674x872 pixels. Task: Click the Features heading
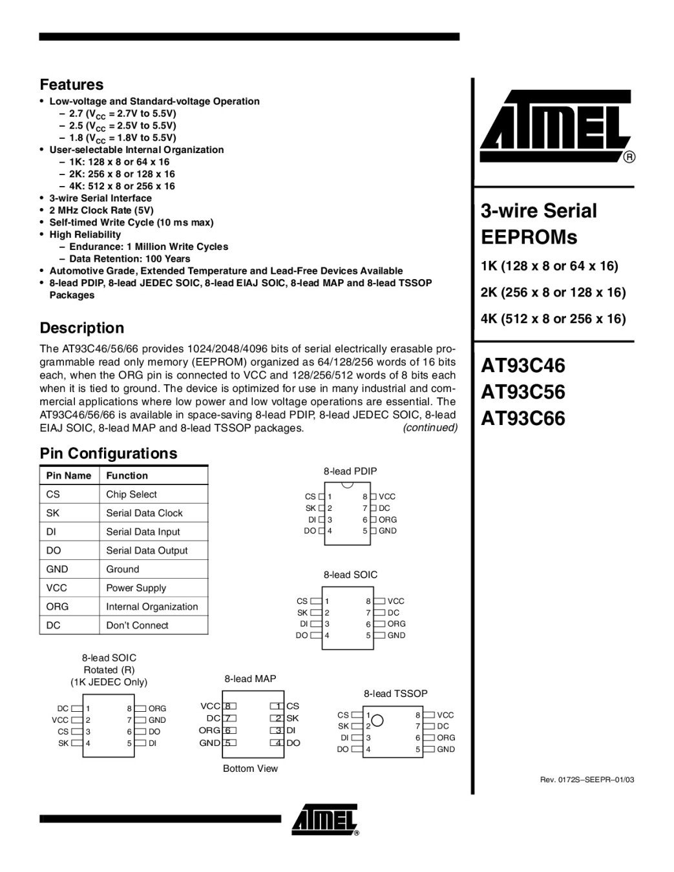[71, 85]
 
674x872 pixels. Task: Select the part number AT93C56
[523, 392]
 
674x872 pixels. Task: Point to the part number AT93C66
[523, 419]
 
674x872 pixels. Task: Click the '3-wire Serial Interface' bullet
[100, 198]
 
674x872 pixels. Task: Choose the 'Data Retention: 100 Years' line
[129, 258]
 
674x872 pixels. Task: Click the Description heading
[81, 328]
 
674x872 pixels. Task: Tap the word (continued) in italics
[430, 428]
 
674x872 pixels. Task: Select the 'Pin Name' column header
[68, 475]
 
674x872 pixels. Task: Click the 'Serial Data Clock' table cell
[144, 513]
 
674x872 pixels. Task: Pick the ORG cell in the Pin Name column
[58, 607]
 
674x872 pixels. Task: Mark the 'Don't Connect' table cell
[137, 625]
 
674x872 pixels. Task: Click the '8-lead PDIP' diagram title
[350, 472]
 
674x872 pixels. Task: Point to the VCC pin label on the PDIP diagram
[387, 497]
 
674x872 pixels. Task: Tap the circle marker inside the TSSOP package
[377, 720]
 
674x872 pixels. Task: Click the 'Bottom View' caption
[250, 769]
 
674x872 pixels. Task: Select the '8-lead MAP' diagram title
[250, 679]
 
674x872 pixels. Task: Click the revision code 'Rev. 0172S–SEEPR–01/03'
[587, 780]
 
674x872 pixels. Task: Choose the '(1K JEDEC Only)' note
[109, 682]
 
